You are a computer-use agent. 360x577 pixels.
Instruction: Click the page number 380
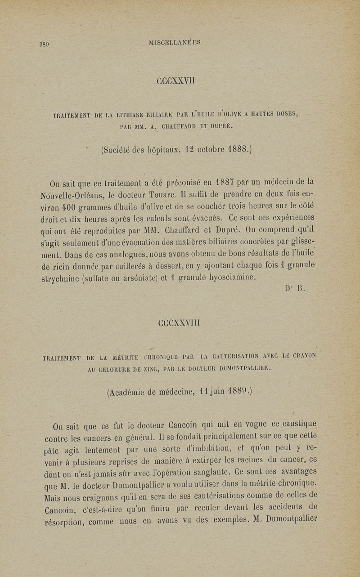pos(44,44)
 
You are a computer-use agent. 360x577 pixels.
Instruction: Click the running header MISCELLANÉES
pos(174,43)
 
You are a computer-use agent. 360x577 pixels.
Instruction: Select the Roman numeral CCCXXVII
pos(175,82)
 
